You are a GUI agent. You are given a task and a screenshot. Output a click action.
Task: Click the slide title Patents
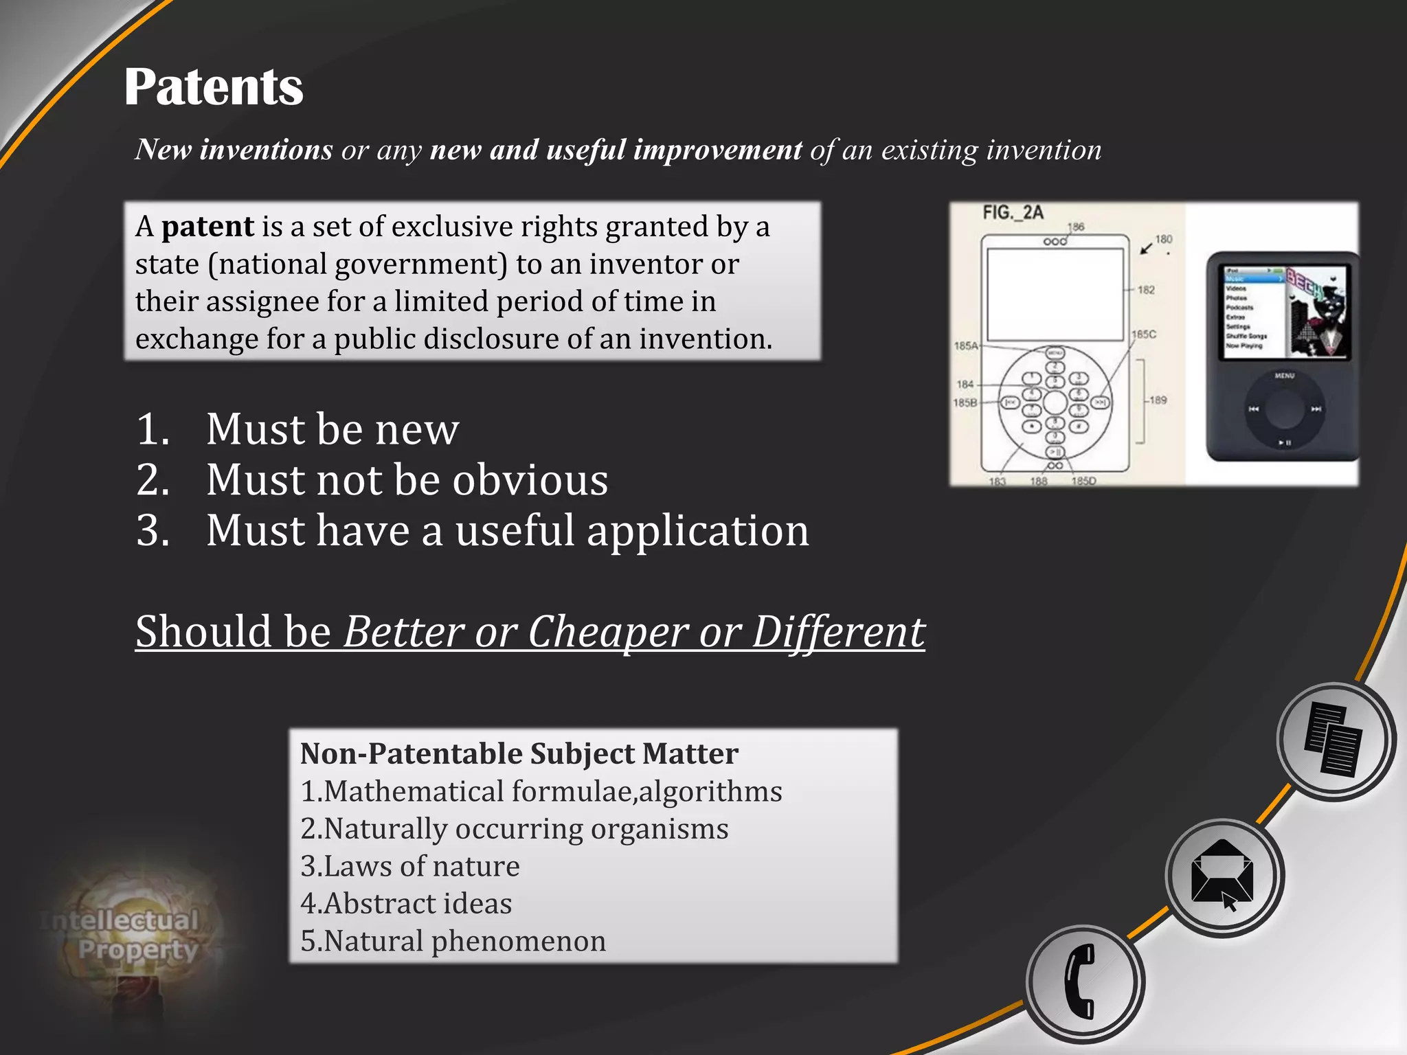point(214,87)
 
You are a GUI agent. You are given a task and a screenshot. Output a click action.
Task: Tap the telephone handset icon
point(1083,982)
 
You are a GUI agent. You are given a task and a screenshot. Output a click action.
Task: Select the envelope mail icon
point(1223,876)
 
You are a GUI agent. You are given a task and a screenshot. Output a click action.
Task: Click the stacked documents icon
point(1334,740)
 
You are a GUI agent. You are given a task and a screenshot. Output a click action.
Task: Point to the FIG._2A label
point(1013,213)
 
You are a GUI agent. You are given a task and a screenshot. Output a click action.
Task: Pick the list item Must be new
point(333,429)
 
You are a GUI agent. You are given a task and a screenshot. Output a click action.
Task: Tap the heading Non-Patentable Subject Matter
point(519,753)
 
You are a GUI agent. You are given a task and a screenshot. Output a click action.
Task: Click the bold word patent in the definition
point(207,227)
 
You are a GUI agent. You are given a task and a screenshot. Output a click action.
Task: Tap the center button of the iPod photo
point(1284,409)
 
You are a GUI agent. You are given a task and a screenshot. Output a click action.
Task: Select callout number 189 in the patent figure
point(1158,400)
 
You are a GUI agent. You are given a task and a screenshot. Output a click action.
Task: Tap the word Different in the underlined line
point(838,631)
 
